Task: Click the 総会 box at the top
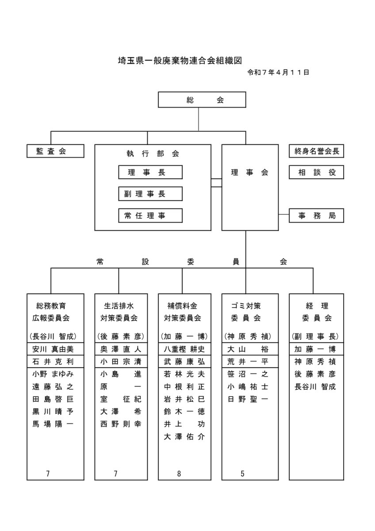click(202, 100)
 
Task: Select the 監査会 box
click(55, 151)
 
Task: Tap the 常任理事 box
click(150, 215)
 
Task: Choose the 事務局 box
click(316, 215)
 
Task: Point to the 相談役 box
click(316, 172)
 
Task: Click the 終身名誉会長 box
click(316, 151)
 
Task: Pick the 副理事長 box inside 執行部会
click(150, 194)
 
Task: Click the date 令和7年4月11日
click(278, 72)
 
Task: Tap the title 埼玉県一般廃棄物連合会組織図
click(180, 61)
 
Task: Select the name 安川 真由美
click(53, 349)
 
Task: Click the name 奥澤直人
click(121, 349)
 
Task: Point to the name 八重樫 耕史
click(184, 349)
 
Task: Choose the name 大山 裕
click(248, 349)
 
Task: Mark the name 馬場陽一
click(53, 423)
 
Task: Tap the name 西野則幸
click(121, 423)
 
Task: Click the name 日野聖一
click(248, 399)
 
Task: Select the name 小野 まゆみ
click(53, 374)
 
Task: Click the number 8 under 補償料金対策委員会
click(179, 473)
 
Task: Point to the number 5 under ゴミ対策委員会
click(242, 473)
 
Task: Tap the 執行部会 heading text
click(153, 154)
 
